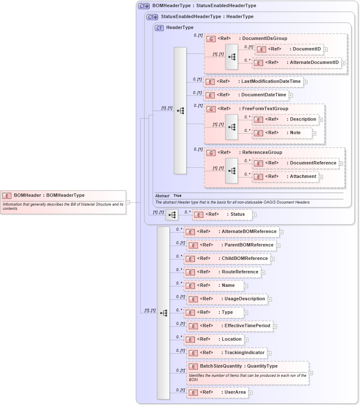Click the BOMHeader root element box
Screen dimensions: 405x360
point(63,196)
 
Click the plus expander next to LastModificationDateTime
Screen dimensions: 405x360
point(305,82)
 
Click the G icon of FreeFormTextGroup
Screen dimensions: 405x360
point(211,109)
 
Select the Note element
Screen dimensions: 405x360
point(282,133)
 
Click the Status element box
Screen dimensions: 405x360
point(222,214)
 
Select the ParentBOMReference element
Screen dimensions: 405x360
point(231,245)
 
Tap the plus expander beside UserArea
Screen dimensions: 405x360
point(251,393)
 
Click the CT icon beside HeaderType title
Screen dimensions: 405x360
point(159,28)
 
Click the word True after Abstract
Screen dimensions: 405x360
point(177,196)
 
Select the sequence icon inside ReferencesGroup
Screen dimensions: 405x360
point(232,171)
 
